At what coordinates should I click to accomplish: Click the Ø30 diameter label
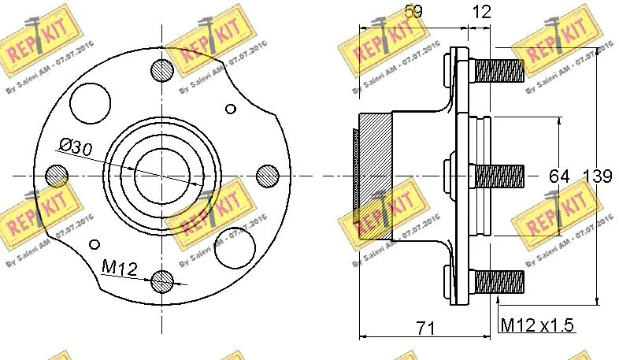tap(76, 146)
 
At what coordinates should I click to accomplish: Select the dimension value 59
tap(413, 12)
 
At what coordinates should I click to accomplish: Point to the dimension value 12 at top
tap(481, 12)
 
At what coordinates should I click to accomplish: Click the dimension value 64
tap(559, 176)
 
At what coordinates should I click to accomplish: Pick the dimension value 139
tap(598, 176)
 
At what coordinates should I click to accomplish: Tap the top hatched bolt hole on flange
tap(161, 69)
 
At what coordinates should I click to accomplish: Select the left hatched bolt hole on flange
tap(57, 174)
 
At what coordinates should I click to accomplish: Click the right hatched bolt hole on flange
tap(268, 174)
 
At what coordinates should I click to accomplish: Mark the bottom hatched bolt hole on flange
tap(161, 280)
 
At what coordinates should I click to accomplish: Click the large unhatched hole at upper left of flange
tap(87, 101)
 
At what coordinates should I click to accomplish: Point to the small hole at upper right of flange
tap(230, 108)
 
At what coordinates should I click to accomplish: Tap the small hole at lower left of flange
tap(95, 242)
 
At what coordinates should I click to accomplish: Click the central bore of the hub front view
tap(161, 174)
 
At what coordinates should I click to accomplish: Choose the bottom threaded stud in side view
tap(499, 280)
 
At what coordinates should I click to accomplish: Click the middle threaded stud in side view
tap(499, 175)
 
